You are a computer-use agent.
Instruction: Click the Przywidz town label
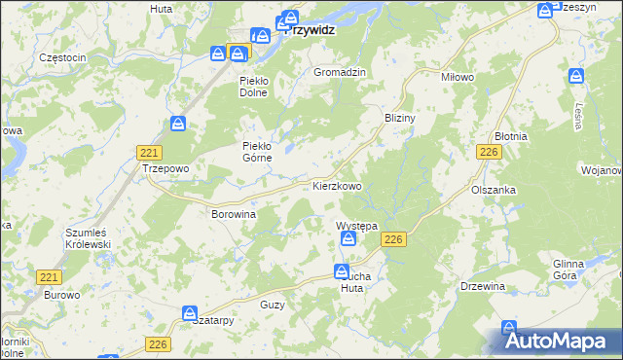click(x=311, y=30)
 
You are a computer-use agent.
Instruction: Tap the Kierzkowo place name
click(x=337, y=185)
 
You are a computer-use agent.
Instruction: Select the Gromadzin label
click(x=339, y=72)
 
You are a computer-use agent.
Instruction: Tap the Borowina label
click(x=234, y=213)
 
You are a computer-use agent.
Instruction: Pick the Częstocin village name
click(x=63, y=57)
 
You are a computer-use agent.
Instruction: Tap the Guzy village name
click(x=273, y=305)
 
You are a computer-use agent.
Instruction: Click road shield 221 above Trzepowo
click(x=150, y=153)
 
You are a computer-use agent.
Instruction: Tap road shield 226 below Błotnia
click(x=489, y=153)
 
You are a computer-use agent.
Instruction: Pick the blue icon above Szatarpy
click(x=190, y=313)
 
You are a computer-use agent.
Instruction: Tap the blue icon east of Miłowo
click(x=576, y=76)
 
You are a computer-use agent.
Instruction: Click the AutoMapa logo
click(x=558, y=341)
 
